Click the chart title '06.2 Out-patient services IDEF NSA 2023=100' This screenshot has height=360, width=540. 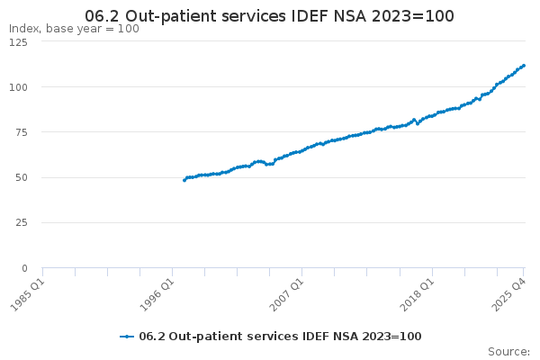pyautogui.click(x=269, y=15)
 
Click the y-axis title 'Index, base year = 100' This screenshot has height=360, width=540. pyautogui.click(x=74, y=29)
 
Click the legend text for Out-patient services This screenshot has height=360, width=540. pyautogui.click(x=280, y=337)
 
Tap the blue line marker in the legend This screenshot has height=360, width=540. pyautogui.click(x=127, y=337)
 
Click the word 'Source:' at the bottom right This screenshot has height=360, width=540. pyautogui.click(x=508, y=351)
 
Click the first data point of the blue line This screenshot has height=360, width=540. pyautogui.click(x=184, y=180)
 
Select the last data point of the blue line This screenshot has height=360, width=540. pyautogui.click(x=524, y=65)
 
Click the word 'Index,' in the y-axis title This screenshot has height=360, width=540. pyautogui.click(x=25, y=29)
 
